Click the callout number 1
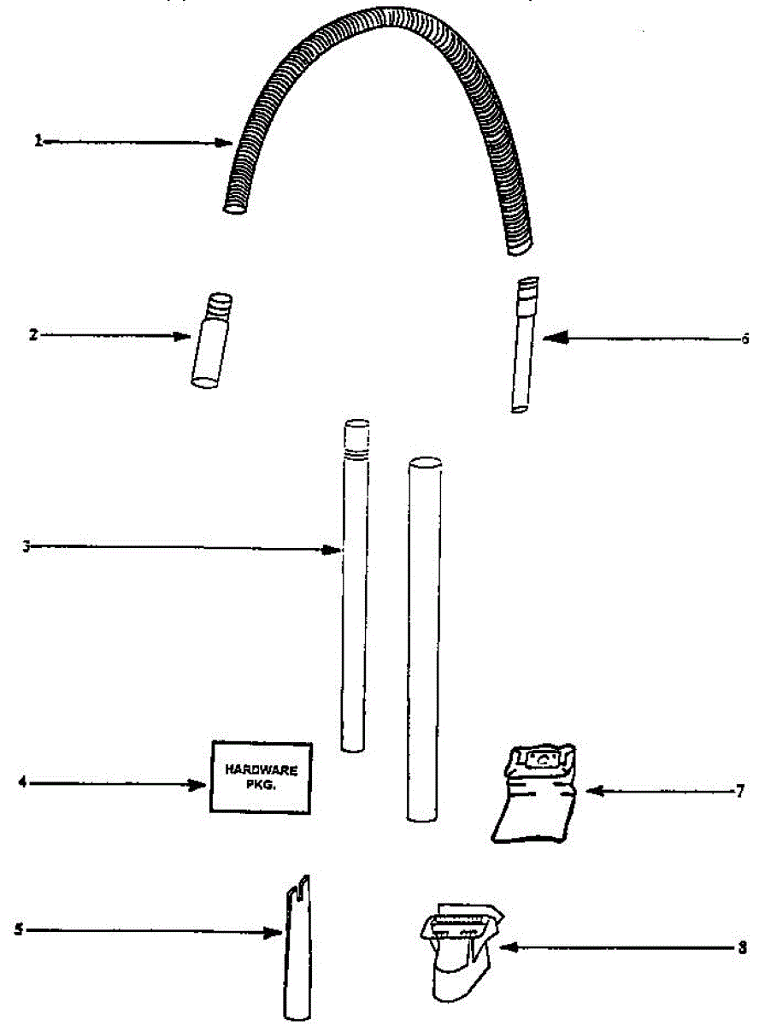[38, 142]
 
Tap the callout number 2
[33, 335]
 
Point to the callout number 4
[22, 782]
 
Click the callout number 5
[19, 930]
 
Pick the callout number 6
[744, 339]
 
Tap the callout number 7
[740, 792]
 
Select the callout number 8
[742, 947]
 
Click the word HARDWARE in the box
[262, 769]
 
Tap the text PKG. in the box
[262, 784]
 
